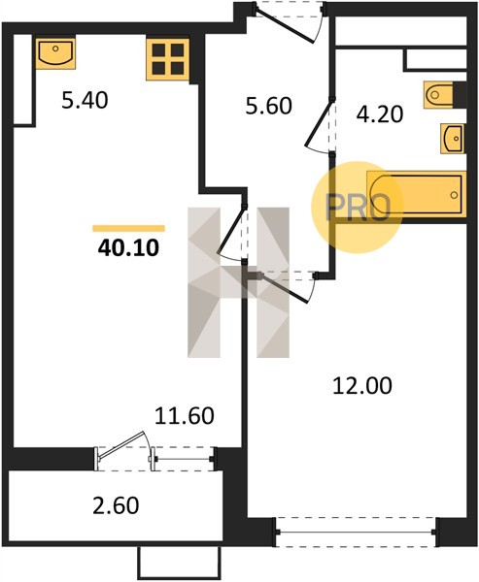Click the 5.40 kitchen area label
[x=85, y=100]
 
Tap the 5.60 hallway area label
[x=269, y=106]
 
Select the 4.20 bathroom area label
[x=380, y=113]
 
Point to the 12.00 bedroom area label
[x=362, y=385]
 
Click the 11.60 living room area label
[x=184, y=415]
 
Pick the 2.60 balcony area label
[x=116, y=505]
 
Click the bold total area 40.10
[x=128, y=247]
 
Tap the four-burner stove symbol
[x=168, y=59]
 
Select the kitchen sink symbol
[x=55, y=53]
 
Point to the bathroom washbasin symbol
[x=453, y=139]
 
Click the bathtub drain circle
[x=454, y=195]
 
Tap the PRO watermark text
[x=358, y=208]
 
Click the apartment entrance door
[x=286, y=23]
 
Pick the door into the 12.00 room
[x=286, y=288]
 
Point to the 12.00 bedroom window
[x=356, y=532]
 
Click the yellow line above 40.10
[x=128, y=228]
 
